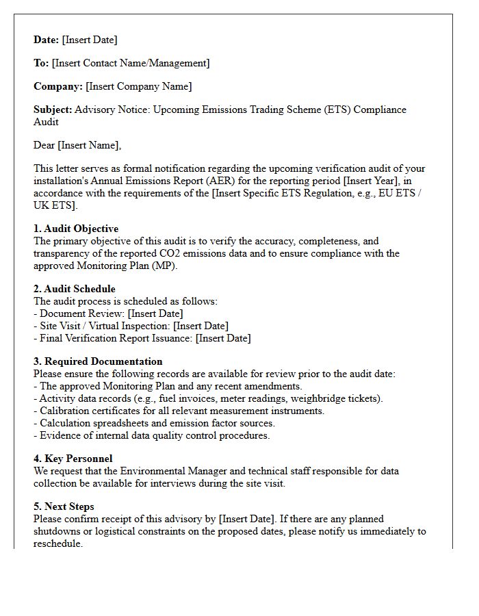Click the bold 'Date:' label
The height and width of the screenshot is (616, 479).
(x=47, y=40)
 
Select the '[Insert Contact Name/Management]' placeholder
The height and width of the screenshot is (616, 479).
(x=131, y=63)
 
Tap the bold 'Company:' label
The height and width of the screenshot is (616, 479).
(x=58, y=86)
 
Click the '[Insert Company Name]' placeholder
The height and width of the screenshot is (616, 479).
(x=139, y=86)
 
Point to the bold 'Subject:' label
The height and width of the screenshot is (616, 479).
(x=53, y=110)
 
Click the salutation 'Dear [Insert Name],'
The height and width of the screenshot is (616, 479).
(x=77, y=145)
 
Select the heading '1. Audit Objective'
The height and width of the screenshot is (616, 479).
(x=76, y=229)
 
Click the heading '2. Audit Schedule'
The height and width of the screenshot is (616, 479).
(x=75, y=289)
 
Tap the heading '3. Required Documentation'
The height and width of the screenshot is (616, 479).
(x=98, y=361)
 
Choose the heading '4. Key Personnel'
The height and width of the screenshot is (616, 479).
(x=73, y=459)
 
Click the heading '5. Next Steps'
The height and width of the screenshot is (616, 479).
(x=64, y=506)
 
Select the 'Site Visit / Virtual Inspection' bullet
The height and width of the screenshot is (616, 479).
(x=131, y=326)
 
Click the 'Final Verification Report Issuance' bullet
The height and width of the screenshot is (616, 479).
(x=142, y=338)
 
